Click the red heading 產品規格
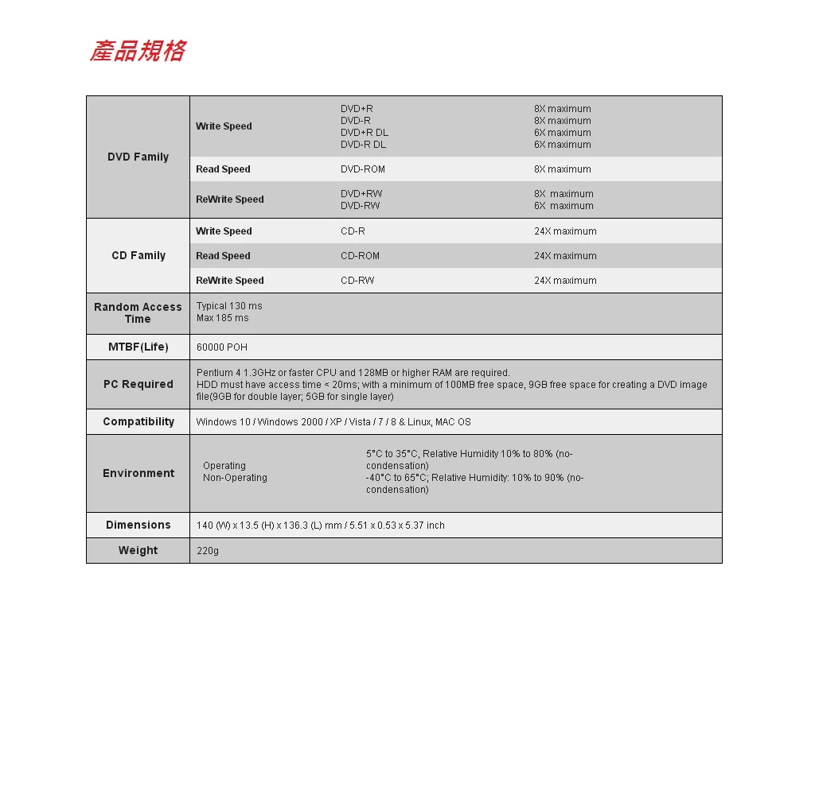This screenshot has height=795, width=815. pos(138,52)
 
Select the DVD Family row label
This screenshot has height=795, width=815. pos(138,157)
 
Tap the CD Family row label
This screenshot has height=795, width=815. pos(138,255)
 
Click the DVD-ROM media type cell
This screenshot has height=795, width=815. pos(363,169)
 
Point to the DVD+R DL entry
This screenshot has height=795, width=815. pos(364,133)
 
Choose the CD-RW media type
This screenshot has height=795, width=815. pos(357,281)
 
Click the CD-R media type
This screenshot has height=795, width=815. pos(353,231)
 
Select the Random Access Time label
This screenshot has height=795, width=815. pos(138,312)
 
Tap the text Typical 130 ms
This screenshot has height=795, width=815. pos(229,306)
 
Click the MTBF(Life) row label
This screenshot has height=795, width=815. pos(138,347)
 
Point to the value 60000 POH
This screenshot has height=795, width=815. pos(222,347)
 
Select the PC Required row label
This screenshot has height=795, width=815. pos(138,384)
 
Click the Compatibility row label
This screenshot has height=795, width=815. pos(138,421)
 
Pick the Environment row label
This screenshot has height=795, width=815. pos(138,473)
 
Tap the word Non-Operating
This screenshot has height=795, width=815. pos(235,478)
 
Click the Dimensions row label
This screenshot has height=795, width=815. pos(138,525)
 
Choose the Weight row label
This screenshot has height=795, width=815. pos(138,550)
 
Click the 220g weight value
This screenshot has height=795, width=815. pos(208,551)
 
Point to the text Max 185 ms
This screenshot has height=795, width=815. pos(223,318)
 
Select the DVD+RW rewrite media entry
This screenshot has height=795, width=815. pos(361,194)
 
